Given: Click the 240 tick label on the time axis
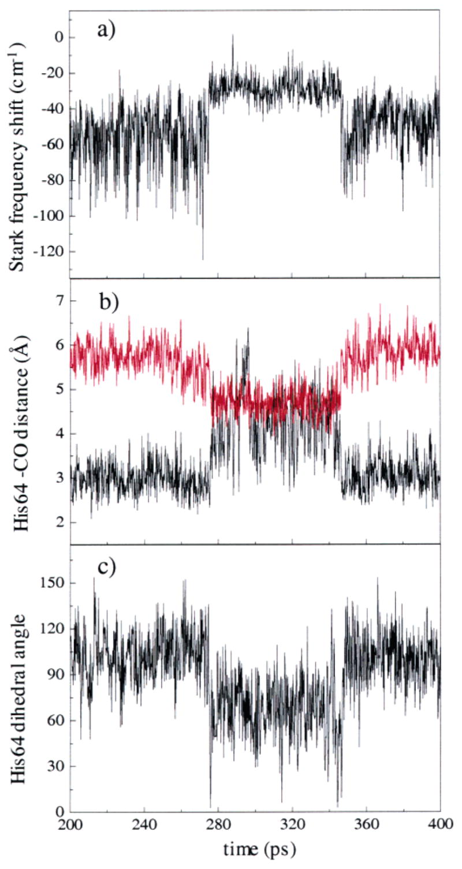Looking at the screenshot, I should click(144, 826).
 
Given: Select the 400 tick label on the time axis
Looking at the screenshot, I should click(440, 826).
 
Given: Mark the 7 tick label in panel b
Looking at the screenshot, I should click(58, 301).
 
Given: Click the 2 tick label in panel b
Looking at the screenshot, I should click(58, 523).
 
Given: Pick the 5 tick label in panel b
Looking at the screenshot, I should click(58, 390).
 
